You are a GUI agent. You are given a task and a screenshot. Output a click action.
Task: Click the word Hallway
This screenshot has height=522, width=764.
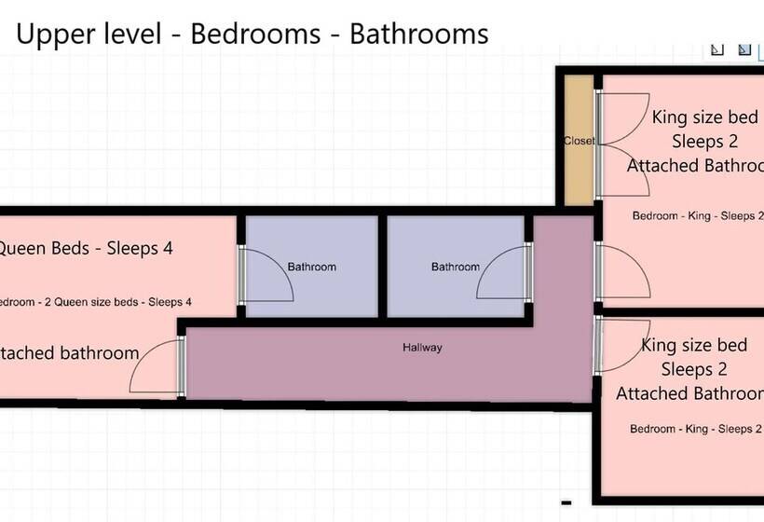pyautogui.click(x=422, y=348)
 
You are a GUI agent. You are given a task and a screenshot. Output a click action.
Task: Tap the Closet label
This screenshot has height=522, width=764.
pyautogui.click(x=579, y=142)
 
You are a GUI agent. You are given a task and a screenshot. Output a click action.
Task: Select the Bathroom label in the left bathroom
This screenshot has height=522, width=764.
pyautogui.click(x=311, y=268)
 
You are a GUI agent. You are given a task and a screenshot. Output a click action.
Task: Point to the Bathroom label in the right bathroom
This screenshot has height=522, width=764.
pyautogui.click(x=455, y=268)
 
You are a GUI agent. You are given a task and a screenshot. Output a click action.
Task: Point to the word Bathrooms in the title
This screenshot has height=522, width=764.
pyautogui.click(x=418, y=34)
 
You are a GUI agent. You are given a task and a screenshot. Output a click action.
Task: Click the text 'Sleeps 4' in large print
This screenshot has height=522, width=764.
pyautogui.click(x=140, y=249)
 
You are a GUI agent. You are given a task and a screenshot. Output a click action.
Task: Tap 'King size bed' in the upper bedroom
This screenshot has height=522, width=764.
pyautogui.click(x=704, y=117)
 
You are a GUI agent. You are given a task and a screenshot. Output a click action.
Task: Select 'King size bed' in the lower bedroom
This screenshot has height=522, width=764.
pyautogui.click(x=694, y=346)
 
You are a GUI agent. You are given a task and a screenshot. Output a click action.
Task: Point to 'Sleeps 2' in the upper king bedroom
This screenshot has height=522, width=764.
pyautogui.click(x=704, y=142)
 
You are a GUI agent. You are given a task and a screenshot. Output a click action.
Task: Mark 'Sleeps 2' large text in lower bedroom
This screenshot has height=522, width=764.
pyautogui.click(x=694, y=370)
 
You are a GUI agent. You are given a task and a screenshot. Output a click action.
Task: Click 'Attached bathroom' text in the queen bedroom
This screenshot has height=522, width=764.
pyautogui.click(x=69, y=353)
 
